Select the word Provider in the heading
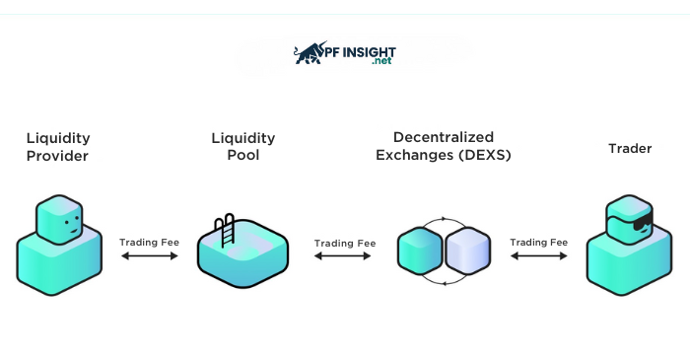click(57, 156)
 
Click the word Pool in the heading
click(242, 155)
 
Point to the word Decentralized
click(443, 137)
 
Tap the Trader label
click(630, 149)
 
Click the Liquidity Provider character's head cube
click(59, 219)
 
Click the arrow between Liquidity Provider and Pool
click(149, 256)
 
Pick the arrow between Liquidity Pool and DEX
click(344, 256)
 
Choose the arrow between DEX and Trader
click(538, 256)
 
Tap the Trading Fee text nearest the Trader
click(538, 242)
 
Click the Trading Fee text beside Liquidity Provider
click(149, 242)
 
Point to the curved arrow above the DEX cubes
click(443, 219)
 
